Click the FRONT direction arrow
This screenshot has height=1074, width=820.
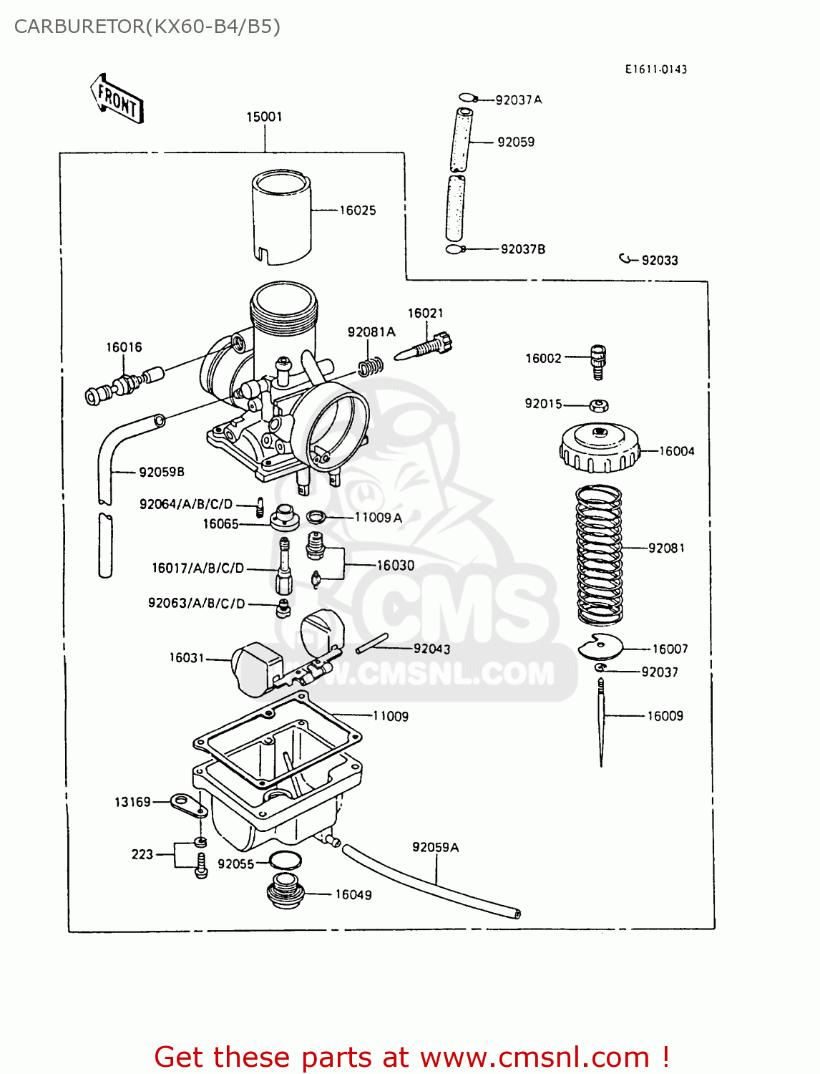tap(117, 100)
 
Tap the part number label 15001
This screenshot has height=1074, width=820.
tap(264, 117)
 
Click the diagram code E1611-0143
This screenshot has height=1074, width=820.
tap(655, 69)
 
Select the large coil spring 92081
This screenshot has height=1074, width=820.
tap(600, 554)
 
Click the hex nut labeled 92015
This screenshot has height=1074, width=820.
tap(599, 405)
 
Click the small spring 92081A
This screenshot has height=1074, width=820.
tap(371, 367)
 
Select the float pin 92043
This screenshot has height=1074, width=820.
tap(372, 643)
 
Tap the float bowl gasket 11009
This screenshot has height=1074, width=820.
tap(278, 737)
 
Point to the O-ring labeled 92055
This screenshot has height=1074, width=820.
tap(285, 861)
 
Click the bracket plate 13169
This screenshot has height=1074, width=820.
tap(189, 805)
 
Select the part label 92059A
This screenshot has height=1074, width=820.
tap(435, 847)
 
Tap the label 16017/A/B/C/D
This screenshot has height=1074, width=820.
tap(197, 568)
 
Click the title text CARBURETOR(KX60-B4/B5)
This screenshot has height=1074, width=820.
tap(147, 26)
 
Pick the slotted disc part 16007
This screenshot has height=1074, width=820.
tap(600, 647)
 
